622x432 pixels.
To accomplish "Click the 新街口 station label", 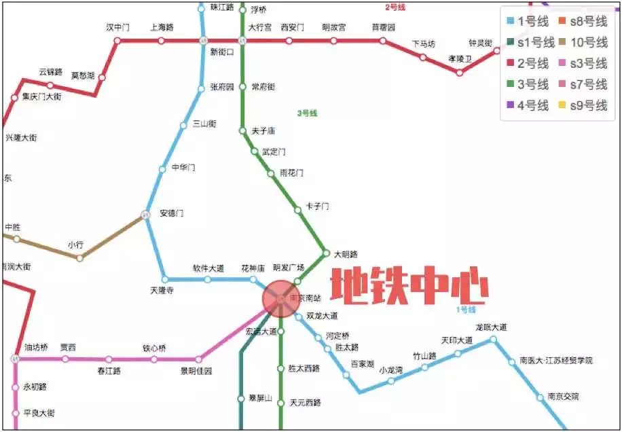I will click(x=222, y=52).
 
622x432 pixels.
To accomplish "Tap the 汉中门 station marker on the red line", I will click(x=117, y=41).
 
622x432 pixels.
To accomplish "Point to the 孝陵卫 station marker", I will click(x=460, y=72).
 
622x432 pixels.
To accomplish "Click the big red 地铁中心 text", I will click(x=409, y=287).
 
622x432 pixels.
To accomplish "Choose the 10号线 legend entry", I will click(x=588, y=43).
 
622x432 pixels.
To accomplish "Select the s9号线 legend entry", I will click(x=588, y=105).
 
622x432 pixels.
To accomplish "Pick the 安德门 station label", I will click(x=171, y=213).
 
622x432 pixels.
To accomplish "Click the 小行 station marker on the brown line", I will click(x=80, y=258).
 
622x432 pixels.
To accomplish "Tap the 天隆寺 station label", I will click(x=162, y=291).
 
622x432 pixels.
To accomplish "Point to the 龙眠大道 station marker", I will click(x=494, y=339).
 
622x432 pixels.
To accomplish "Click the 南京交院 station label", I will click(x=563, y=397).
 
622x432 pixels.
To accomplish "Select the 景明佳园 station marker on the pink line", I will click(x=199, y=359).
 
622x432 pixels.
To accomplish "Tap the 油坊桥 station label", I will click(x=37, y=348).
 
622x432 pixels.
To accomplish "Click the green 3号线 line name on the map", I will click(x=307, y=113).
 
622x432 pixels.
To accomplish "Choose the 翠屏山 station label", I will click(x=259, y=399).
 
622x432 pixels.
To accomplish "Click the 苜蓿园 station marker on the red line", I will click(x=383, y=41).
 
